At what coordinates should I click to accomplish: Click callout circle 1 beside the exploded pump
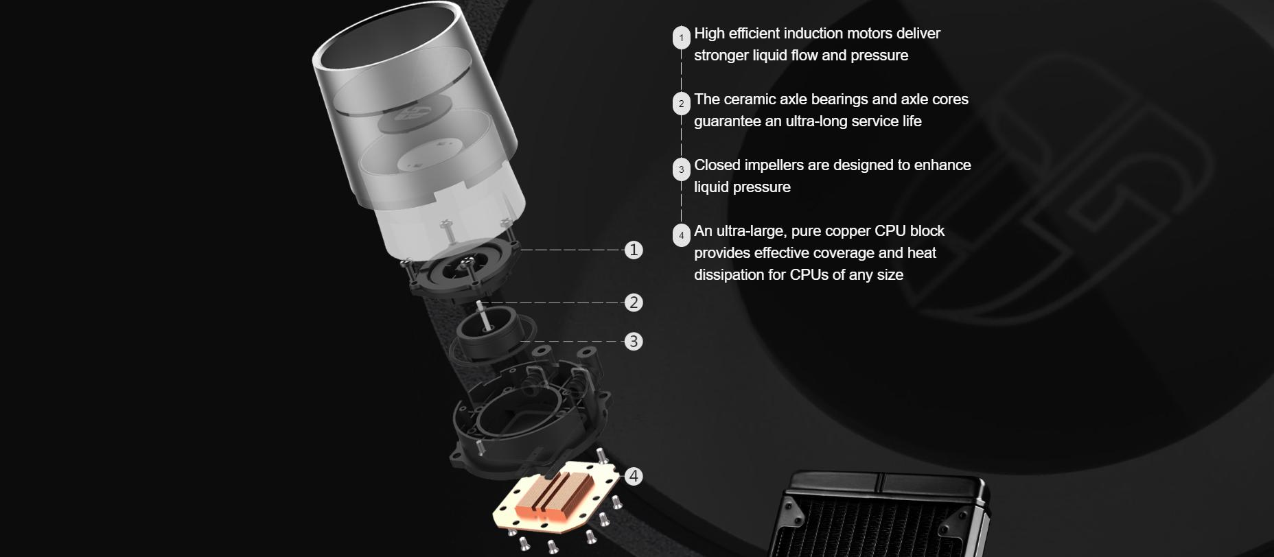click(x=634, y=250)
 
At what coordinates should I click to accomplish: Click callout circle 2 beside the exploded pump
click(x=634, y=303)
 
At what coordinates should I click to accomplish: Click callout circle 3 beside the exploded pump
click(x=634, y=341)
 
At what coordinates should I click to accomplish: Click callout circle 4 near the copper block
click(x=634, y=476)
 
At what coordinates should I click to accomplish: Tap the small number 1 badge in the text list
click(x=681, y=38)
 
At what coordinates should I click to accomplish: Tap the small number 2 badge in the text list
click(x=681, y=104)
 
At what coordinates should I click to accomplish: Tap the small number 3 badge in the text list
click(x=681, y=169)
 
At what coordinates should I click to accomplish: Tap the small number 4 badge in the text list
click(x=681, y=235)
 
